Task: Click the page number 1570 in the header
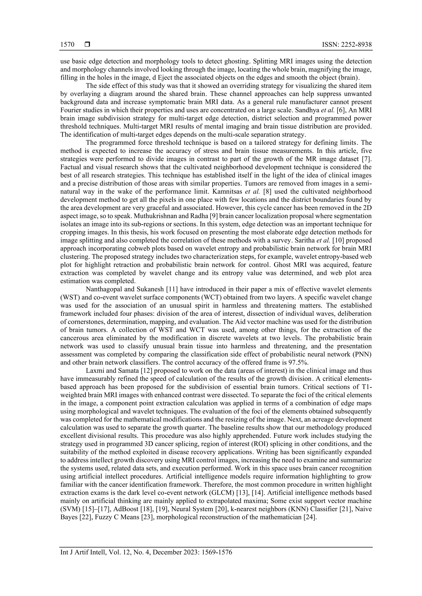(x=67, y=45)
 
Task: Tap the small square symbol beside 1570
(x=87, y=45)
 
